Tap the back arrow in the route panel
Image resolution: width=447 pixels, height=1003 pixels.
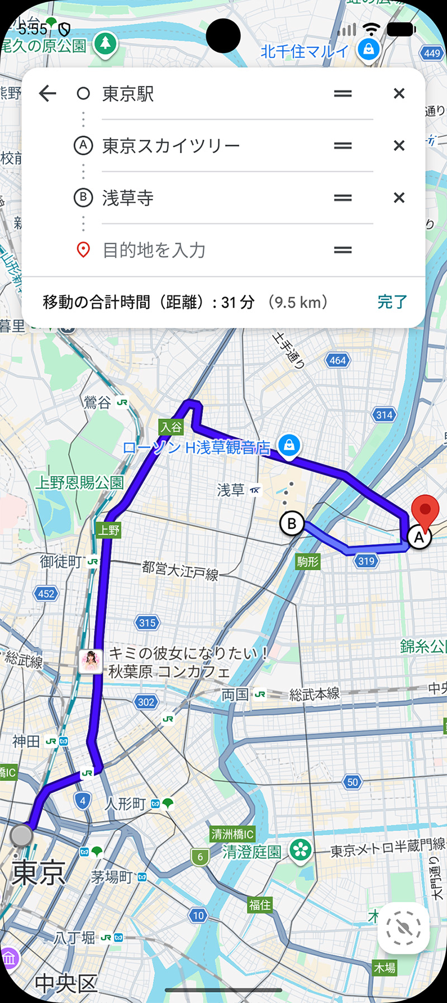coord(48,93)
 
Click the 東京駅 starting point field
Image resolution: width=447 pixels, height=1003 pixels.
coord(212,94)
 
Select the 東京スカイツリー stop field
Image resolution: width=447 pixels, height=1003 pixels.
coord(212,146)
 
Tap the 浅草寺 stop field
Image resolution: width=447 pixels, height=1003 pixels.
coord(212,198)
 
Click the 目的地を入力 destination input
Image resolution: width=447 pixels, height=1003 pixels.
coord(212,250)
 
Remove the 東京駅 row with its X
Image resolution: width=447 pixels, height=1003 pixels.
coord(399,93)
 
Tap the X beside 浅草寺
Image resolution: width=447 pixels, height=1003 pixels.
coord(399,198)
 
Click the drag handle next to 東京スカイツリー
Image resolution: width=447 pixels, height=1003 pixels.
coord(343,146)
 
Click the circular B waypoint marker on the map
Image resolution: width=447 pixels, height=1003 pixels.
coord(292,524)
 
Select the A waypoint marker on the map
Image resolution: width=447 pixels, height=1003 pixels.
coord(419,537)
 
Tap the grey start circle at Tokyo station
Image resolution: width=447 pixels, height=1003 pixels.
coord(22,835)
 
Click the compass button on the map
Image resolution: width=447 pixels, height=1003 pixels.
coord(403,928)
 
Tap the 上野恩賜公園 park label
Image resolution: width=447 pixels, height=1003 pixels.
coord(79,482)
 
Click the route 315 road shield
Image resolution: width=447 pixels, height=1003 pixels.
coord(148,623)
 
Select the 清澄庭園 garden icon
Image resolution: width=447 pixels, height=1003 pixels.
coord(300,851)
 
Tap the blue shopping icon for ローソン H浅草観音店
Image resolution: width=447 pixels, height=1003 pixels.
coord(289,445)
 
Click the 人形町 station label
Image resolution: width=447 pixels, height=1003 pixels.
coord(126,804)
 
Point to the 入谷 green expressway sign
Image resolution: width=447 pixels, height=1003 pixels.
coord(171,427)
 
